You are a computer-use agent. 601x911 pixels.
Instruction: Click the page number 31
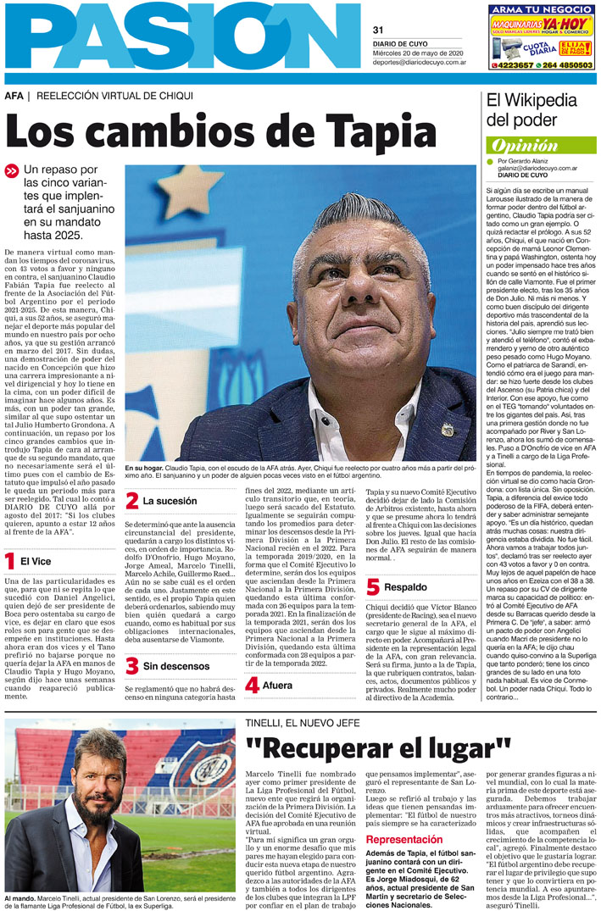pyautogui.click(x=379, y=31)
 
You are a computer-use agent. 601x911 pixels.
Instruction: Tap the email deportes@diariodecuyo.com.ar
pyautogui.click(x=419, y=62)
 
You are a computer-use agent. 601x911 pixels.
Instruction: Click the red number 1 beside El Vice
pyautogui.click(x=9, y=561)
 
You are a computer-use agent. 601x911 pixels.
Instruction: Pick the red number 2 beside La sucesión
pyautogui.click(x=131, y=501)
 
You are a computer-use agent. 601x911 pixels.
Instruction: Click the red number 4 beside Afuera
pyautogui.click(x=252, y=685)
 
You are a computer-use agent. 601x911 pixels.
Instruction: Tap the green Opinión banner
pyautogui.click(x=541, y=145)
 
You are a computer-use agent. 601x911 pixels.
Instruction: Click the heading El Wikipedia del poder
pyautogui.click(x=531, y=109)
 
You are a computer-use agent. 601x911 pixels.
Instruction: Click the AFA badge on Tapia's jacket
pyautogui.click(x=447, y=429)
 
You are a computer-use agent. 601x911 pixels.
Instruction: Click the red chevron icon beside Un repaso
pyautogui.click(x=11, y=171)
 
